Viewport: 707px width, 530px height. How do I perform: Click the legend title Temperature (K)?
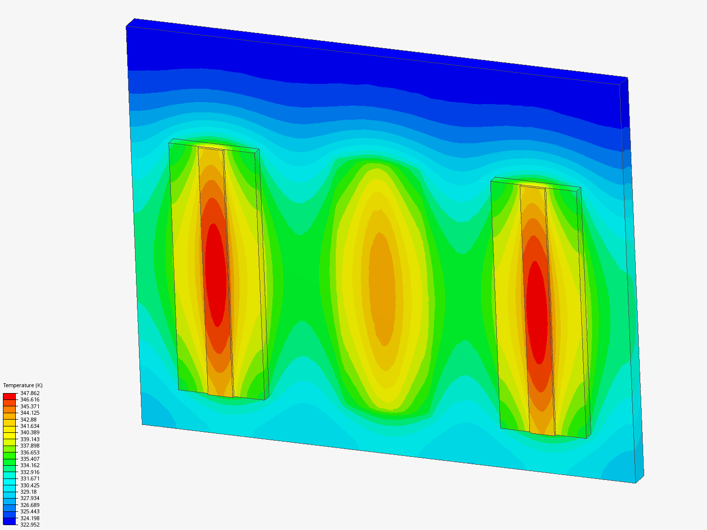[x=23, y=385]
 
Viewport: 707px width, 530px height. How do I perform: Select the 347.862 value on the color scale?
[x=29, y=393]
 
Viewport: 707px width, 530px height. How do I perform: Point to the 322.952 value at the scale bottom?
[x=29, y=525]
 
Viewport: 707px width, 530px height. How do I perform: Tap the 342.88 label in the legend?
[x=28, y=419]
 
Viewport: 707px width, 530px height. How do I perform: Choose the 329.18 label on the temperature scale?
[x=28, y=492]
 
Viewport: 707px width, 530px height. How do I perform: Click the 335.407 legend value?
[x=29, y=459]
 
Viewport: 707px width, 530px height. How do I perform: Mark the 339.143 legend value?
[x=29, y=439]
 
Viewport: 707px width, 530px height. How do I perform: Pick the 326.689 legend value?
[x=29, y=505]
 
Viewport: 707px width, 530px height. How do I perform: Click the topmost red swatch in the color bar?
[x=9, y=396]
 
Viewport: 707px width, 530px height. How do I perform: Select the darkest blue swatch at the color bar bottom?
[x=9, y=521]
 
